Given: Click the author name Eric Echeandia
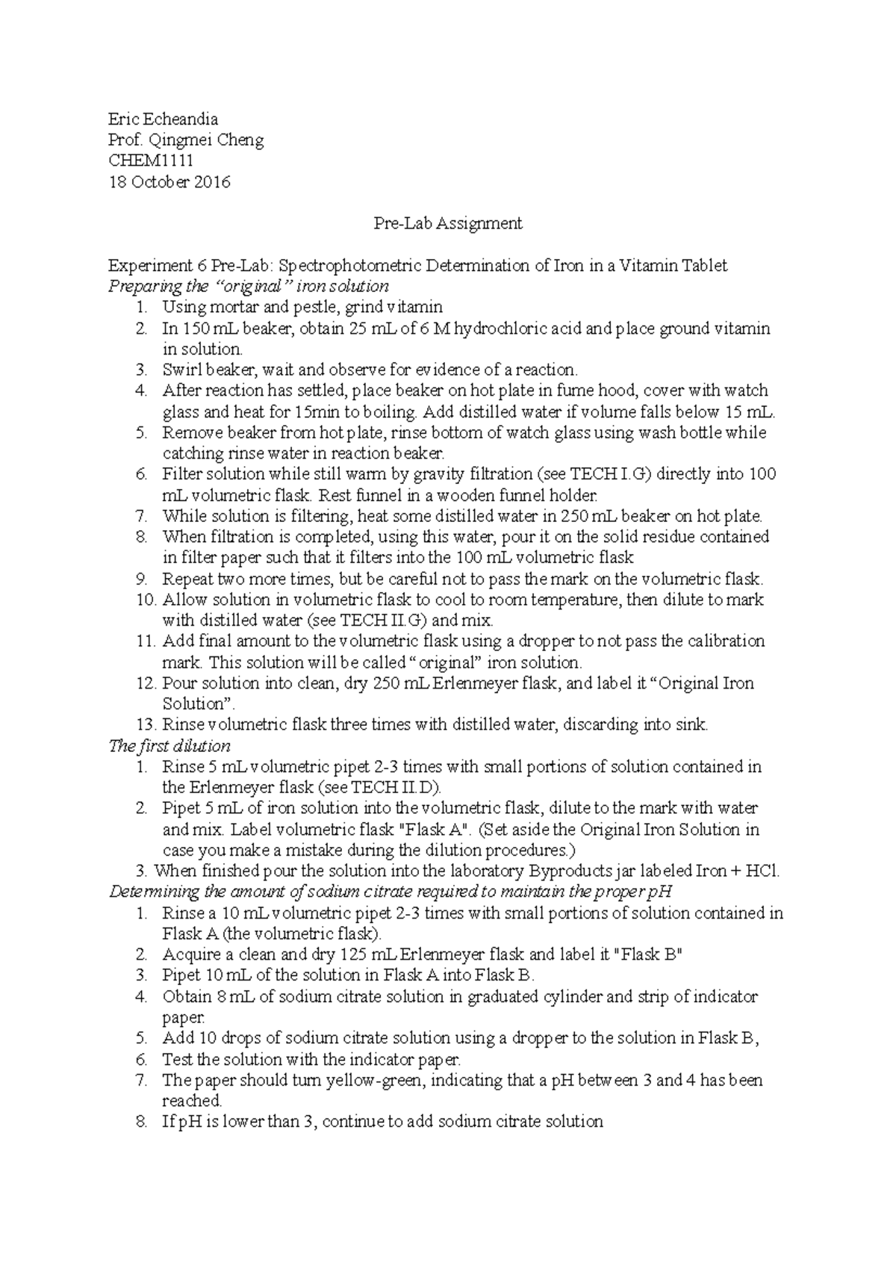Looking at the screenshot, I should coord(163,119).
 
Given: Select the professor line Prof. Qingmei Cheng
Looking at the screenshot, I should coord(185,140).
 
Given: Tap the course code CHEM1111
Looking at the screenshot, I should coord(151,161).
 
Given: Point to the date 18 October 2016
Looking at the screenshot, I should coord(169,181).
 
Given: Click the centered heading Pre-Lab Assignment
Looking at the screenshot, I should coord(447,223).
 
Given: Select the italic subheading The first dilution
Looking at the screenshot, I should coord(169,745).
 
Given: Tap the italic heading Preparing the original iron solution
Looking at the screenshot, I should coord(248,286).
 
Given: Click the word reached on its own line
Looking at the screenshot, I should coord(191,1101).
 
